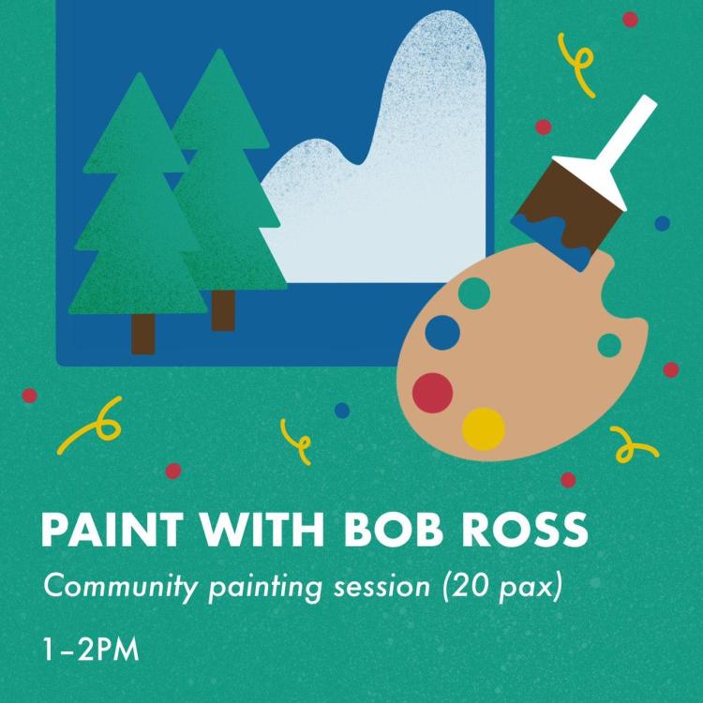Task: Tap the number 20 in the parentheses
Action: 469,586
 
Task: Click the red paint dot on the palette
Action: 432,393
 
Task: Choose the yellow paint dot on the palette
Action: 484,429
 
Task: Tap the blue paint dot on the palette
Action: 442,333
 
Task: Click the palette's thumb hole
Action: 609,345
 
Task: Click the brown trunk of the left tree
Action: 143,334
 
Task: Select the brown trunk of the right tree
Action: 223,310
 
